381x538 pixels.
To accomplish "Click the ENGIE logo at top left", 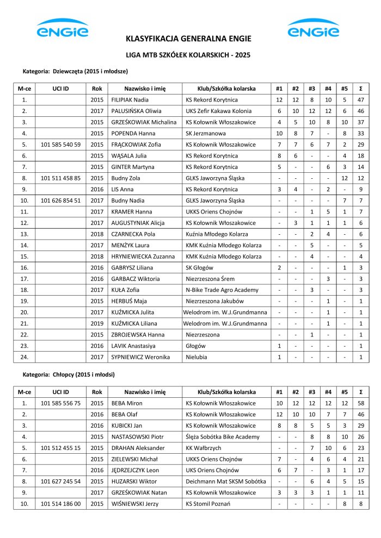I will click(x=62, y=28).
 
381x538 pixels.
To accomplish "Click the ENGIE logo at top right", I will click(x=313, y=28).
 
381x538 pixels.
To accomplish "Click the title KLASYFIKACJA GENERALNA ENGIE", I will click(x=188, y=39).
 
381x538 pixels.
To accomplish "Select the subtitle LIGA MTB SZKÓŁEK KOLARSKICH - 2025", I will click(x=188, y=55).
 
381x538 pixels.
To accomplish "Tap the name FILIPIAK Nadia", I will click(x=130, y=100).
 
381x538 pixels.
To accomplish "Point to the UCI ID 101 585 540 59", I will click(x=60, y=145).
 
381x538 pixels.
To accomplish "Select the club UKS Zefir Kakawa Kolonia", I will click(x=219, y=111).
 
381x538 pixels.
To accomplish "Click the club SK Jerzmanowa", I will click(x=206, y=133).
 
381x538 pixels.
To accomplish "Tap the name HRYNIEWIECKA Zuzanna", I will click(x=139, y=256).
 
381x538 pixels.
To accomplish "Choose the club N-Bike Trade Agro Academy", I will click(x=222, y=290).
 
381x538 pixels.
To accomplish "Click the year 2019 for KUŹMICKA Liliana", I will click(x=97, y=323).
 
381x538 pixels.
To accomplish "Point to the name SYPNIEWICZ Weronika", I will click(x=140, y=356).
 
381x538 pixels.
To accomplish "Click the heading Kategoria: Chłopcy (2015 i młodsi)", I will click(x=69, y=374).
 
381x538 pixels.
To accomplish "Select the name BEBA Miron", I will click(x=127, y=403).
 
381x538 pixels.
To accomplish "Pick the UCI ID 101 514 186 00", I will click(x=60, y=504).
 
